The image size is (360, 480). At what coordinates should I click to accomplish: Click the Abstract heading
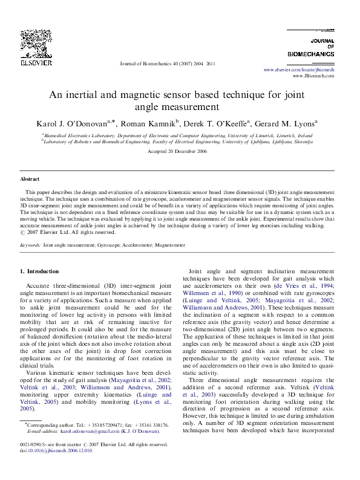click(x=30, y=180)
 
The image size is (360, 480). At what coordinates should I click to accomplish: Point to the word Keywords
click(x=30, y=246)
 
